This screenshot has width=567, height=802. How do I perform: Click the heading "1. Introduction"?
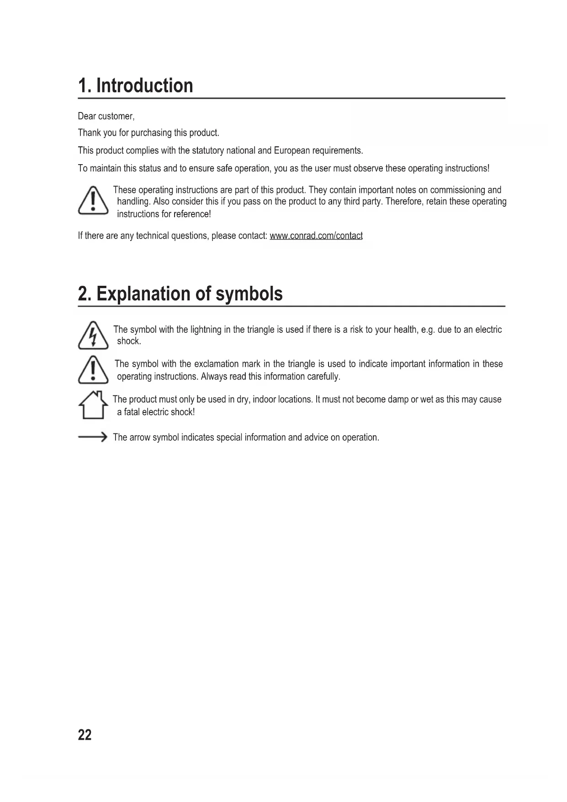pyautogui.click(x=135, y=86)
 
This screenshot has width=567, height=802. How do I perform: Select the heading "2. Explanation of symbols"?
pyautogui.click(x=180, y=294)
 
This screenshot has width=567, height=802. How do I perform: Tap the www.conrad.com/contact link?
pyautogui.click(x=316, y=236)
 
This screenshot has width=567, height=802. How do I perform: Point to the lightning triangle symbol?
pyautogui.click(x=93, y=336)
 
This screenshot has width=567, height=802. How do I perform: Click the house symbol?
pyautogui.click(x=93, y=405)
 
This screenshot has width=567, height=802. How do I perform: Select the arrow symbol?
pyautogui.click(x=92, y=437)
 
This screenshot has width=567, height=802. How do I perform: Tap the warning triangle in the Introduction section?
pyautogui.click(x=93, y=201)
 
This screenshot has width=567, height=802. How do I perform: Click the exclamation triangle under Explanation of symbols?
pyautogui.click(x=93, y=370)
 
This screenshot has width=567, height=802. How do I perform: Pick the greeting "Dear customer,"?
pyautogui.click(x=106, y=116)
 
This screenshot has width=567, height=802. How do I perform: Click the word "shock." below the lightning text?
pyautogui.click(x=129, y=341)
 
